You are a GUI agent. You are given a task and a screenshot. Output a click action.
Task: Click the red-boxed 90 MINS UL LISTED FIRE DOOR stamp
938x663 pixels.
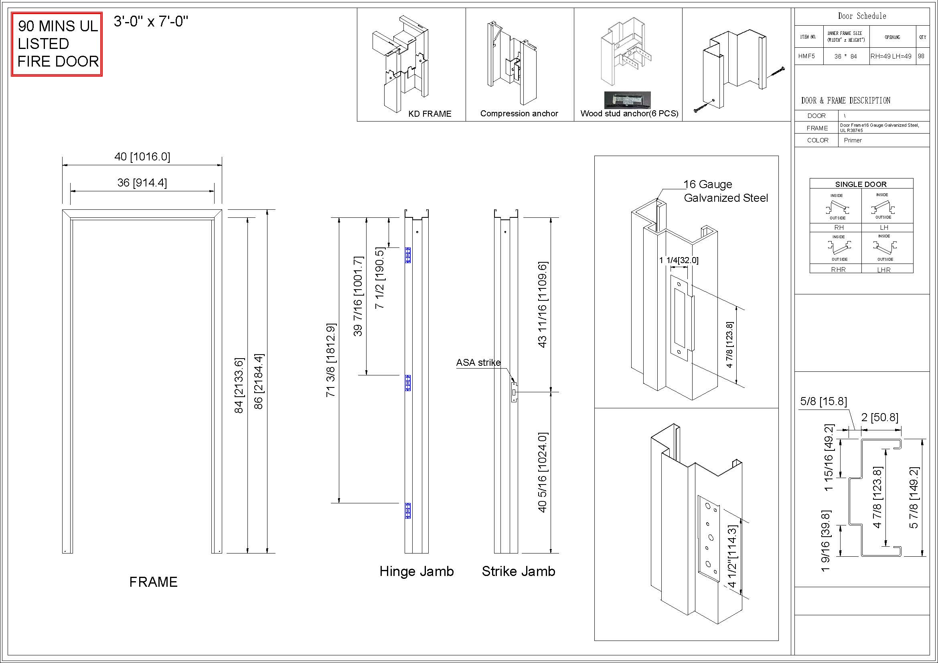[x=57, y=44]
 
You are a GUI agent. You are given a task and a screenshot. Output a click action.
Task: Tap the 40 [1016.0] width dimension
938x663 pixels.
[x=142, y=157]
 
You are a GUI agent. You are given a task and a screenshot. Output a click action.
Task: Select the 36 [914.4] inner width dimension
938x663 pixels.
[x=142, y=182]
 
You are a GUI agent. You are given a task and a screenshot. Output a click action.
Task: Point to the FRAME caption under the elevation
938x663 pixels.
[x=154, y=582]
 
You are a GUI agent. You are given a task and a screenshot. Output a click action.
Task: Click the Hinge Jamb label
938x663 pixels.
[x=417, y=571]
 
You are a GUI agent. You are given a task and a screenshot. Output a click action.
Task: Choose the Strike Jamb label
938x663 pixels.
[x=519, y=571]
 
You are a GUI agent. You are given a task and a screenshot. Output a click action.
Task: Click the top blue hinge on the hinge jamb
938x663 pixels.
[x=407, y=255]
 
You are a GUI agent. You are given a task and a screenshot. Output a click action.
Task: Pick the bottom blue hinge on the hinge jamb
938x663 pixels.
[x=407, y=511]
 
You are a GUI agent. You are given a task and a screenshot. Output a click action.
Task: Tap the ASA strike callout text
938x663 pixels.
[x=478, y=362]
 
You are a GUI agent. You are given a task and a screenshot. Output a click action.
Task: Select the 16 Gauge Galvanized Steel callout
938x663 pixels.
[x=726, y=191]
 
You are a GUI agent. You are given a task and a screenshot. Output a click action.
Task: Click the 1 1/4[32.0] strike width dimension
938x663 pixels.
[x=679, y=260]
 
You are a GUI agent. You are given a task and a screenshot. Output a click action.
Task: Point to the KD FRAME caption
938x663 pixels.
[x=430, y=114]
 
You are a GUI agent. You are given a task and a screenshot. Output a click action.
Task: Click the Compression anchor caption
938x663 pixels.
[x=519, y=114]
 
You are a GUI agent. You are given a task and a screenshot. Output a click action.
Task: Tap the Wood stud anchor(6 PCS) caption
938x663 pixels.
[x=629, y=114]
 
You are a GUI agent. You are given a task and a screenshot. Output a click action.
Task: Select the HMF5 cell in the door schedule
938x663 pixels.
[x=806, y=57]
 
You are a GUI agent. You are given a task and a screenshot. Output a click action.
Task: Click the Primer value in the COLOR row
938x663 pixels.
[x=853, y=140]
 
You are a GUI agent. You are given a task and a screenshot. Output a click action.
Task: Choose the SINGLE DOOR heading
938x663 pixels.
[x=861, y=184]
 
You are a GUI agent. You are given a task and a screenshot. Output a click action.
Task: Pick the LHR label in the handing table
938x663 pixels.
[x=884, y=270]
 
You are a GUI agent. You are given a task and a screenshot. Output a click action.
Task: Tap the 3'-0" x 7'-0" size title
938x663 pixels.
[x=151, y=21]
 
